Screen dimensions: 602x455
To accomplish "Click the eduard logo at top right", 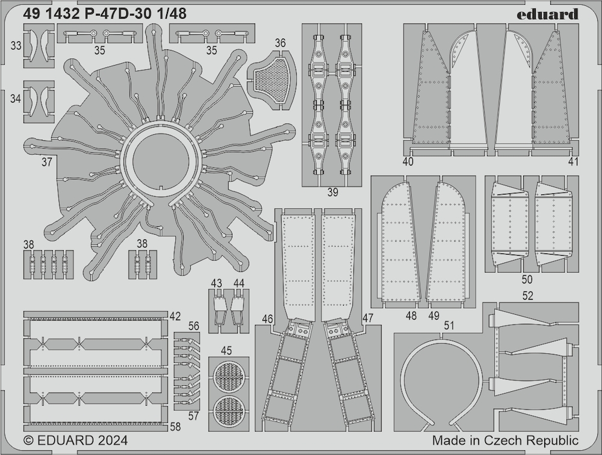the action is pyautogui.click(x=547, y=14).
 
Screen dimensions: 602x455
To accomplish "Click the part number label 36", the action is pyautogui.click(x=281, y=43).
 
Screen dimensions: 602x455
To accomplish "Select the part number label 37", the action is pyautogui.click(x=46, y=162).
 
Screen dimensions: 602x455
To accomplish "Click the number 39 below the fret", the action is pyautogui.click(x=332, y=193).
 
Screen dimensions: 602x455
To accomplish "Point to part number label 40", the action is pyautogui.click(x=408, y=162).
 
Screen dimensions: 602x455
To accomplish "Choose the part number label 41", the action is pyautogui.click(x=573, y=162).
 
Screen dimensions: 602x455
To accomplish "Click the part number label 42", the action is pyautogui.click(x=175, y=316).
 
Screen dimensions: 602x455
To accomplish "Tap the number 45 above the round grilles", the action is pyautogui.click(x=226, y=350).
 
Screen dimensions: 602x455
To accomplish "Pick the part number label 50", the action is pyautogui.click(x=527, y=279).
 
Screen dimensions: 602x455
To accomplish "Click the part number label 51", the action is pyautogui.click(x=449, y=326).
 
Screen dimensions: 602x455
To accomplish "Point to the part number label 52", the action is pyautogui.click(x=528, y=296).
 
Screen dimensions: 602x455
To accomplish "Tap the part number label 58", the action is pyautogui.click(x=175, y=427).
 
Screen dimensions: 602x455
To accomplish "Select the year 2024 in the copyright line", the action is pyautogui.click(x=112, y=440).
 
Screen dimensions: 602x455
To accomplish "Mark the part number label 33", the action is pyautogui.click(x=16, y=46).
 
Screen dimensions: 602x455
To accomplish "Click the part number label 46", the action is pyautogui.click(x=268, y=319).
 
